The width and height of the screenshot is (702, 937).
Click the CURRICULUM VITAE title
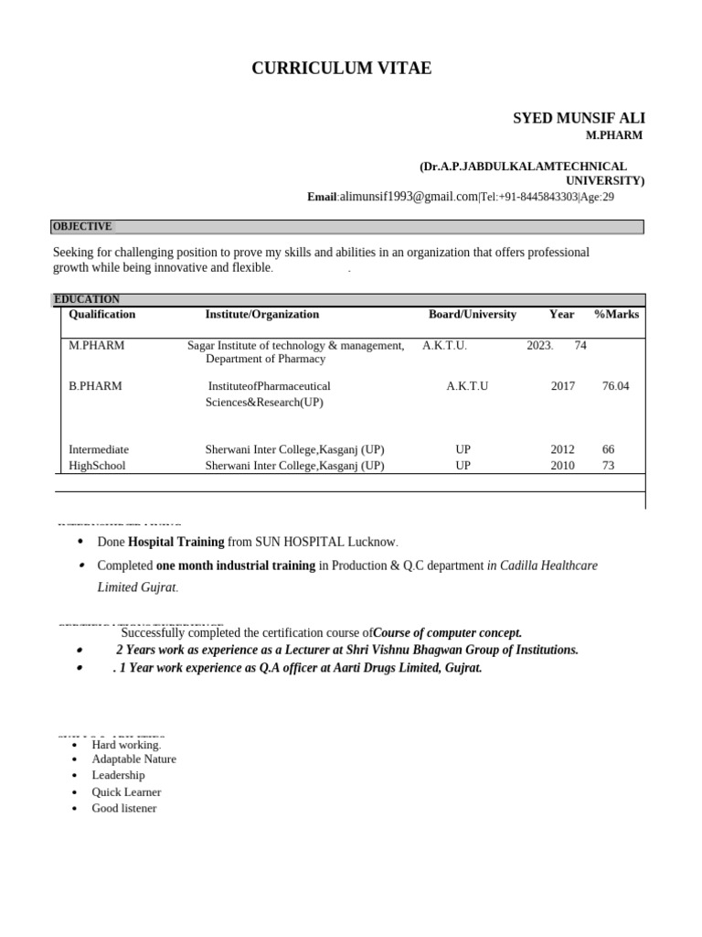coord(342,69)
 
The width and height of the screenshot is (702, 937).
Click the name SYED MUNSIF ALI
coord(579,119)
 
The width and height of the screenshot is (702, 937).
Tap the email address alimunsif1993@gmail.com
coord(409,197)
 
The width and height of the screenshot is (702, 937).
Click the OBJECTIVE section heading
coord(82,227)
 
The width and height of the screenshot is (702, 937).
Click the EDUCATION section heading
coord(87,299)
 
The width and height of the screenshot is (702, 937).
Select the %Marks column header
coord(616,314)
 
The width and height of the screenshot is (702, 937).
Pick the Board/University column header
coord(473,314)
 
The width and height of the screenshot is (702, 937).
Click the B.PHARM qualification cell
coord(95,386)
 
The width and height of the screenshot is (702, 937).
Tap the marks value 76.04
coord(615,386)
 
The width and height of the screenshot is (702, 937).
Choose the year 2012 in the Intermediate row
coord(562,449)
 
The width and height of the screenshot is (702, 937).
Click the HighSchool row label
coord(97,466)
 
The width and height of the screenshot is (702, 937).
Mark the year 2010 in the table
coord(562,466)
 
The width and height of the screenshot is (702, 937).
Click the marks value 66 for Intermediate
coord(609,449)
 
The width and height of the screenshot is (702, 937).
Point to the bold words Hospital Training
coord(175,542)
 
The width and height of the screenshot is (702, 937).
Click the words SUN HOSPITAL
coord(293,542)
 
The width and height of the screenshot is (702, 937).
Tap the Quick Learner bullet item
coord(126,792)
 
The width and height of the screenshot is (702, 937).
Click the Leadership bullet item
coord(118,775)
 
